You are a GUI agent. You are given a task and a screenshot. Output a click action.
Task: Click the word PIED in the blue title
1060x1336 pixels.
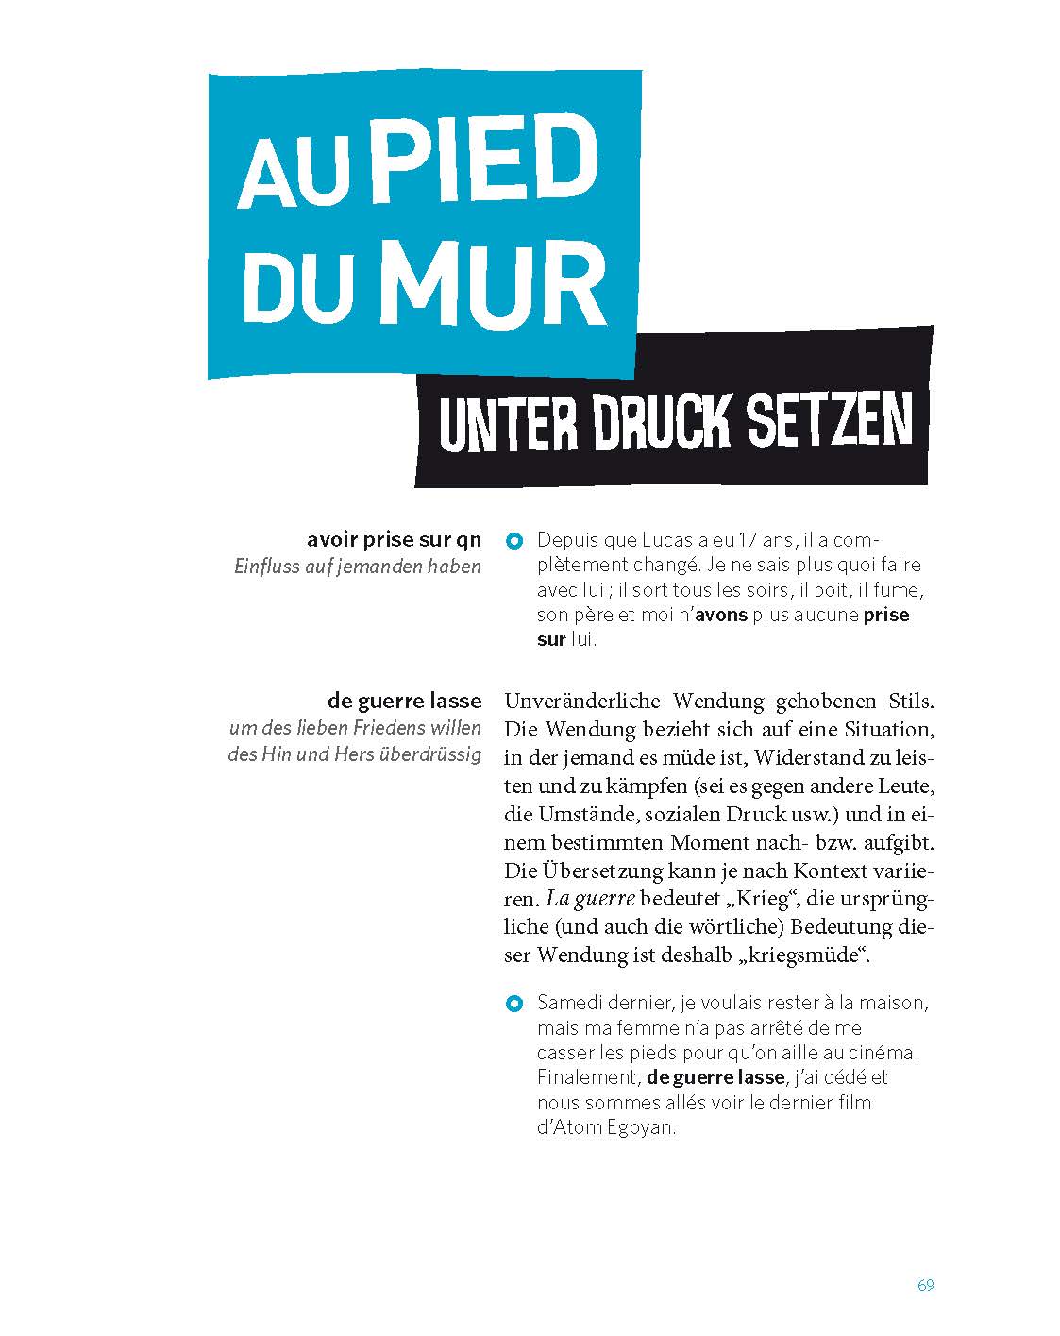tap(481, 164)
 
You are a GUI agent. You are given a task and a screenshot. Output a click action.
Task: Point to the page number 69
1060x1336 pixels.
tap(925, 1285)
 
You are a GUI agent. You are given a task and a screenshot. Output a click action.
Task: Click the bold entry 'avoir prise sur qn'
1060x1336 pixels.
tap(394, 540)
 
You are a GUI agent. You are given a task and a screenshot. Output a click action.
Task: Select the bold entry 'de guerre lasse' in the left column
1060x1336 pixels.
tap(404, 702)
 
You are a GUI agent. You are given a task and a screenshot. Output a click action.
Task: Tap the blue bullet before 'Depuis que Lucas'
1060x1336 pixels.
tap(513, 542)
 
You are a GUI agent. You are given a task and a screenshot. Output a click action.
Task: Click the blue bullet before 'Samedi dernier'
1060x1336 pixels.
tap(513, 1003)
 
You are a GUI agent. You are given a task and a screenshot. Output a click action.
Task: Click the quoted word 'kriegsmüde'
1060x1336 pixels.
tap(805, 955)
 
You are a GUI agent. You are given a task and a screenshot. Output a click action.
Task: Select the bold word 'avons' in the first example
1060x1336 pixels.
tap(722, 615)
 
